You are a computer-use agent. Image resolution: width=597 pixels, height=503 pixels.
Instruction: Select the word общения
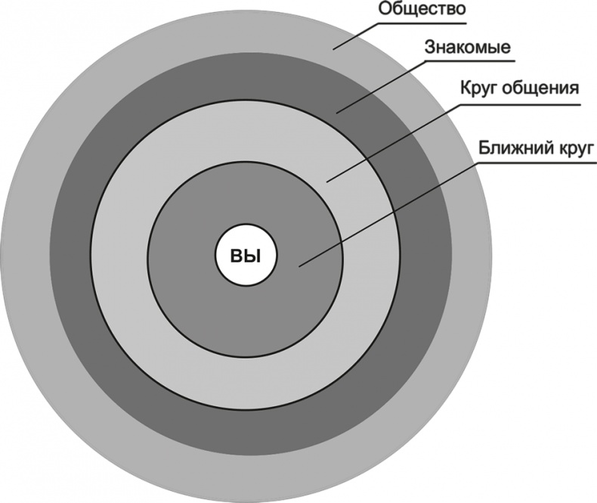(x=543, y=88)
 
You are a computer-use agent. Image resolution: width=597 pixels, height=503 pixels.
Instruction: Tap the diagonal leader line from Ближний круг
(x=378, y=219)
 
